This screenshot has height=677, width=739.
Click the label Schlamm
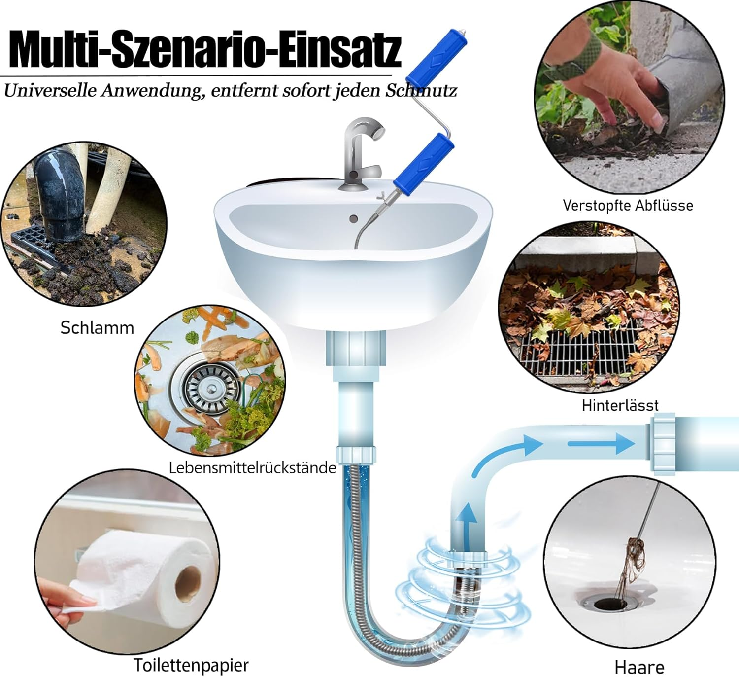click(x=97, y=328)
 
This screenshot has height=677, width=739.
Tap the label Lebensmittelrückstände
click(x=252, y=467)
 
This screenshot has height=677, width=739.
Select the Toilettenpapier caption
click(x=191, y=665)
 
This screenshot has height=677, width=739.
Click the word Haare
click(x=639, y=667)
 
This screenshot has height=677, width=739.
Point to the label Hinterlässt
click(x=620, y=405)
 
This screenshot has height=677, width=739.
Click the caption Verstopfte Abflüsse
click(x=628, y=205)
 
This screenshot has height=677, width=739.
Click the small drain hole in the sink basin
click(x=353, y=218)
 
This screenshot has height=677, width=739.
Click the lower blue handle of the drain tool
click(x=423, y=160)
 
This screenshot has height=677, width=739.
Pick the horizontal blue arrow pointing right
click(x=601, y=444)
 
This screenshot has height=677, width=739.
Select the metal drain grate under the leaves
click(x=579, y=350)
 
